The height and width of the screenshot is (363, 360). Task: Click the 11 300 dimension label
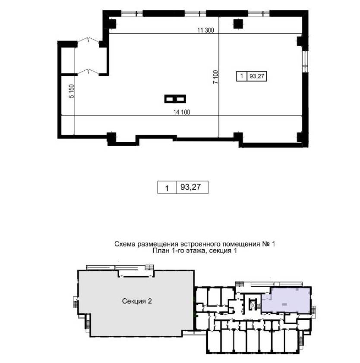tap(205, 30)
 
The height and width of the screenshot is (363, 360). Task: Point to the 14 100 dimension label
tap(182, 112)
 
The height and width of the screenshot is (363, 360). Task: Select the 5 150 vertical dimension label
tap(72, 91)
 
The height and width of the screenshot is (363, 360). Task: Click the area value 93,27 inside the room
tap(257, 76)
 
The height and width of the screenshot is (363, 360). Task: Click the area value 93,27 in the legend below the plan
tap(190, 187)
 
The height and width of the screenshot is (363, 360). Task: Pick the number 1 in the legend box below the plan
tap(167, 188)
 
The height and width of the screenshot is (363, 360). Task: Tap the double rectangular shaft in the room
tap(175, 99)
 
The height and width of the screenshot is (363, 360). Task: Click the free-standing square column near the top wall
tap(238, 24)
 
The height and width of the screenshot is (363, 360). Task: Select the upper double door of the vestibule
tap(88, 40)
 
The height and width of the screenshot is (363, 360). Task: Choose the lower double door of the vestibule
tap(88, 72)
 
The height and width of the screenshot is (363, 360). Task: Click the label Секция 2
tap(137, 301)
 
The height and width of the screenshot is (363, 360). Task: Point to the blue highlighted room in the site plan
tap(287, 300)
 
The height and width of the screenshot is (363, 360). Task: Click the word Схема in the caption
tap(125, 244)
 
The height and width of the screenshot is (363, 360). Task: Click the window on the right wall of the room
tap(306, 61)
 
